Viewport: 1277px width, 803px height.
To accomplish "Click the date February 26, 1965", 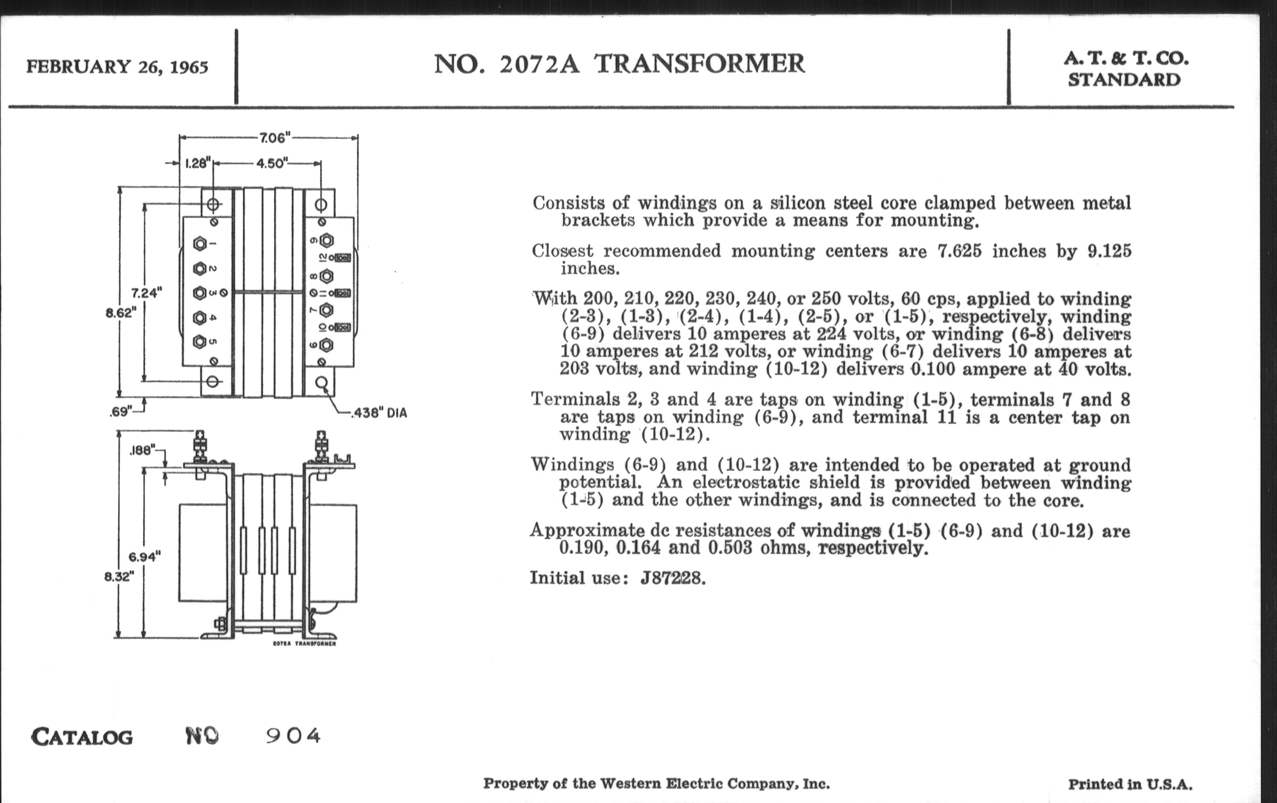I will [117, 67].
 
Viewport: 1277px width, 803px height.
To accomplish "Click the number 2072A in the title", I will [539, 64].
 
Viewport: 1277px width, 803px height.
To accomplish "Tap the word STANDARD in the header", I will [1124, 80].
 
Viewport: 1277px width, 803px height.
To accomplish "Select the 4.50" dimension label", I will [271, 163].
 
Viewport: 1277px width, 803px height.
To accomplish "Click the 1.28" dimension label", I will [198, 163].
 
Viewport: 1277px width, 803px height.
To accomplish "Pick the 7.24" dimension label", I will [146, 292].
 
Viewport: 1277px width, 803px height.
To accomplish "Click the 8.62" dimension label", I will [121, 313].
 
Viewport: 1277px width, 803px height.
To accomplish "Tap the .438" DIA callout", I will [380, 413].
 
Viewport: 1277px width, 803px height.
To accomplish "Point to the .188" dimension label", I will [142, 450].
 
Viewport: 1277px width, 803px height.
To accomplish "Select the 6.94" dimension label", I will [144, 556].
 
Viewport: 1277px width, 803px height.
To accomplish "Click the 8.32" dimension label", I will [119, 576].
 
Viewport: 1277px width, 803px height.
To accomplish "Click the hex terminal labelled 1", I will [200, 244].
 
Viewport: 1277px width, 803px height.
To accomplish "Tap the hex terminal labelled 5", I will [200, 342].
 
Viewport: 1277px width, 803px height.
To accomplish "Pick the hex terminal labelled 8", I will [326, 276].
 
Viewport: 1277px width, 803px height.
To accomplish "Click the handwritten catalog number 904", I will [294, 736].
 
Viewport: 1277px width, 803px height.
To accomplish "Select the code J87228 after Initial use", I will [673, 578].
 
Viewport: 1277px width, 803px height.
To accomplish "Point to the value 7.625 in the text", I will [959, 251].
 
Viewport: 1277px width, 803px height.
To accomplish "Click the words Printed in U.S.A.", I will [1129, 785].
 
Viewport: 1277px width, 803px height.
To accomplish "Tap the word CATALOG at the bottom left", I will [82, 737].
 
